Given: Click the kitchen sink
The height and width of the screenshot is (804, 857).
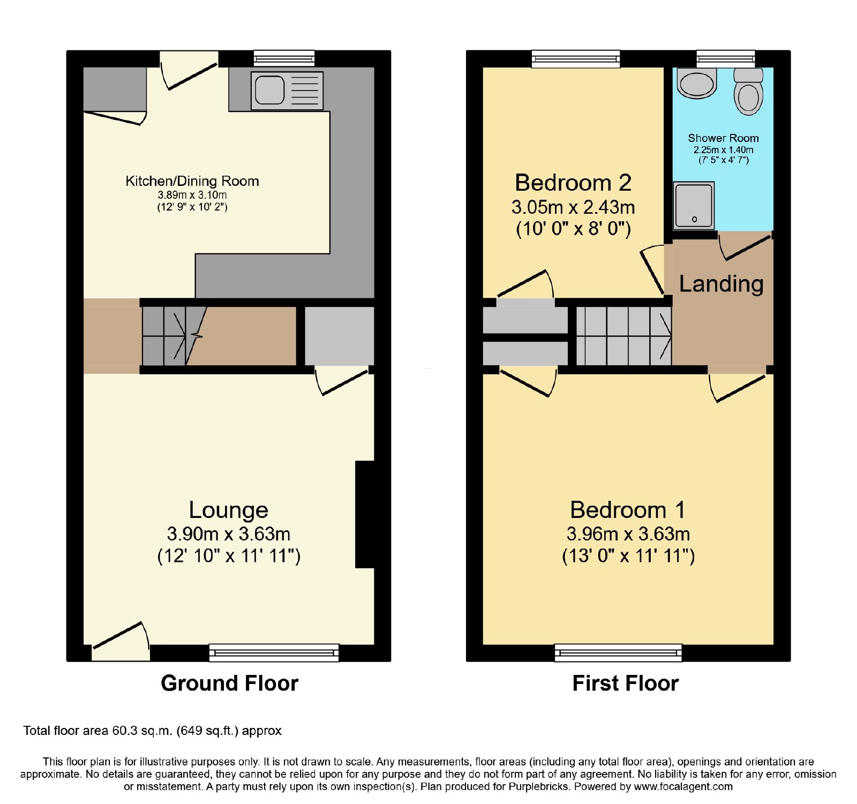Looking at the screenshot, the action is coord(287,91).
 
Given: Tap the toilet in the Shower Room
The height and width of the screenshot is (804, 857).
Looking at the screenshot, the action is coord(748,92).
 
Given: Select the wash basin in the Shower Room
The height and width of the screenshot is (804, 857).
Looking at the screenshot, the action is coord(697,84).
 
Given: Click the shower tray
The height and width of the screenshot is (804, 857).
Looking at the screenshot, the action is coord(694,205).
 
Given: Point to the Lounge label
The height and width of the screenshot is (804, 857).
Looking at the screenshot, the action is coord(229,510).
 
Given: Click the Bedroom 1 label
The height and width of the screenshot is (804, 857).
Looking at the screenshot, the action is coord(628,510).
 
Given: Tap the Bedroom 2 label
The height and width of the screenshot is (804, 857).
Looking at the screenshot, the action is coord(573,183).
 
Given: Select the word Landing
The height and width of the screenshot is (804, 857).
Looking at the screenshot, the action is coord(721,284).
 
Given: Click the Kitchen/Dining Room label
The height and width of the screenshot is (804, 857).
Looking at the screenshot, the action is coord(192,181).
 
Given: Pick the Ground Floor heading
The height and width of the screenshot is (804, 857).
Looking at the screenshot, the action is coord(229,683).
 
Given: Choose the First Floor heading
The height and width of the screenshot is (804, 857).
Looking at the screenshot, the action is coord(626,683).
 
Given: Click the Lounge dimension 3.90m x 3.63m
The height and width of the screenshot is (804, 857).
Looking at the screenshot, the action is coord(229,534).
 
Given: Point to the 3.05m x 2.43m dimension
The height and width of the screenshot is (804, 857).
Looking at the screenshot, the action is coord(573,207).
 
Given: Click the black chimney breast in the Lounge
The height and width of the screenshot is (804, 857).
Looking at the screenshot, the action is coord(365,514).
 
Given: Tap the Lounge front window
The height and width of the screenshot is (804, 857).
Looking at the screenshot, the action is coord(274,652).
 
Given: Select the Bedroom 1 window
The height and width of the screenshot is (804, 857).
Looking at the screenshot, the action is coord(618,652).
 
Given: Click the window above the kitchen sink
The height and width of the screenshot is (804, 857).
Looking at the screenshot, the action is coord(284,58).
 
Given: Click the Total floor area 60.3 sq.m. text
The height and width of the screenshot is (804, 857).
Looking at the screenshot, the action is coord(152,731).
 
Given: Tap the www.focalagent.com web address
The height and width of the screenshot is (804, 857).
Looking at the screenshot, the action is coord(683,787).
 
